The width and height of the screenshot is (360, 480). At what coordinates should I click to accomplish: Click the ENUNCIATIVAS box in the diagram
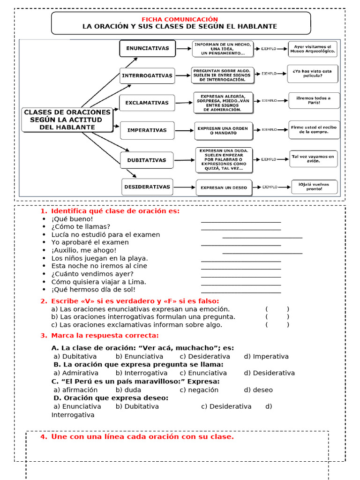pos(147,48)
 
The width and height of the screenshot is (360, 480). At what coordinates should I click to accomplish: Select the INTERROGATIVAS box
pos(147,75)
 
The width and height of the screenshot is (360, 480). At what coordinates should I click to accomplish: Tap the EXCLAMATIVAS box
pos(147,102)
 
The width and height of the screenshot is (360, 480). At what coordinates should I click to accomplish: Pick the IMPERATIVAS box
pos(147,130)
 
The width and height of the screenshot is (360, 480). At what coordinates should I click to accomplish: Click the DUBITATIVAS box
pos(147,160)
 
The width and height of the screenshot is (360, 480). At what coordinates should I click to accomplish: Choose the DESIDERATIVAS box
pos(147,187)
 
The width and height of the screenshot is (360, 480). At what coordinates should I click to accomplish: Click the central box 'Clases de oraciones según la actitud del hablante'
pos(67,120)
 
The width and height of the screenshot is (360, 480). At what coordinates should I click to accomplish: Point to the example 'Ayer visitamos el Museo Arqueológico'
pos(312,49)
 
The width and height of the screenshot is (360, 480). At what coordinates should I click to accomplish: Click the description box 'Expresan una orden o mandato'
pos(224,131)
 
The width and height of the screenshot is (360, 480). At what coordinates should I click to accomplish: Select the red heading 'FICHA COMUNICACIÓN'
pos(180,19)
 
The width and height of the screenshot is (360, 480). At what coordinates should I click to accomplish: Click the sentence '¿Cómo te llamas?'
pos(81,227)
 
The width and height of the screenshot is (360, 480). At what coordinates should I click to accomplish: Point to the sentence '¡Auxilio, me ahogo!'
pos(84,250)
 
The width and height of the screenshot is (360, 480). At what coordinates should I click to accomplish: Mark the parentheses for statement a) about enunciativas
pos(277,309)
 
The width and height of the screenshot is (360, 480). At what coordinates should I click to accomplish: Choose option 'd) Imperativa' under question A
pos(266,356)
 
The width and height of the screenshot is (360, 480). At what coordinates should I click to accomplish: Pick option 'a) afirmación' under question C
pos(75,390)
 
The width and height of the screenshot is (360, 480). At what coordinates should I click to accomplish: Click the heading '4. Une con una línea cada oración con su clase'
pos(137,437)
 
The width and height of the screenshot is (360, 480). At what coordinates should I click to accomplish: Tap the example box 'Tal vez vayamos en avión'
pos(313,158)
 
